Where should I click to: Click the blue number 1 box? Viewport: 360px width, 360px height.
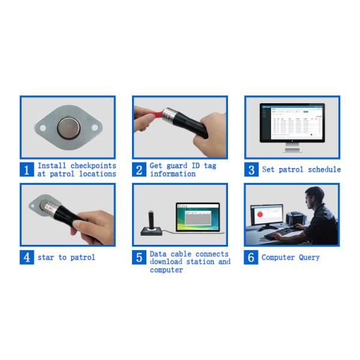click(x=27, y=170)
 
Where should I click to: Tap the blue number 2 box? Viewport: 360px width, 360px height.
click(x=139, y=170)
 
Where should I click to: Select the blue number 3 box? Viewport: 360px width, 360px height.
click(x=251, y=170)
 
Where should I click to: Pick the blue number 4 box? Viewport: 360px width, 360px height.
click(x=27, y=257)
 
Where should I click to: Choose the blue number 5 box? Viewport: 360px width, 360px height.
click(x=139, y=257)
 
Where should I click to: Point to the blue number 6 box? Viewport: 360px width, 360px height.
click(x=251, y=257)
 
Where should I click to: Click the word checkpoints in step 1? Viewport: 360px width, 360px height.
click(x=93, y=166)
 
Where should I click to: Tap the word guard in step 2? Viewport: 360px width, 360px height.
click(x=177, y=166)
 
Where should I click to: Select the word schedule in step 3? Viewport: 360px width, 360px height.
click(x=324, y=169)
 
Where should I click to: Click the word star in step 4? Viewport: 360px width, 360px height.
click(x=46, y=257)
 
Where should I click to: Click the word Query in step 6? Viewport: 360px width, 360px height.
click(x=309, y=257)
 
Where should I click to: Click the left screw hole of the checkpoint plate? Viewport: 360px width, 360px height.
click(x=43, y=128)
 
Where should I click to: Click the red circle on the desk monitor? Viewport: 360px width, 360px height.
click(x=260, y=214)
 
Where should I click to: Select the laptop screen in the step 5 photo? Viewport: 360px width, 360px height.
click(x=198, y=217)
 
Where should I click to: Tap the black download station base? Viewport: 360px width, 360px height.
click(x=151, y=231)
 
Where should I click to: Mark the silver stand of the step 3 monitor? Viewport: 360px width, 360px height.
click(x=292, y=148)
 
